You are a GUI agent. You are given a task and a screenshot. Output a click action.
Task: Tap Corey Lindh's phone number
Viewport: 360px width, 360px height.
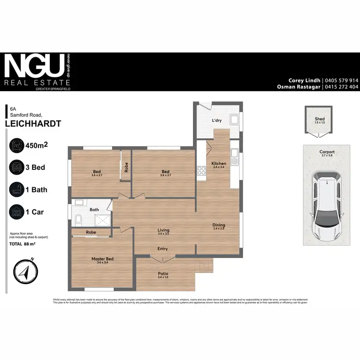coord(341,80)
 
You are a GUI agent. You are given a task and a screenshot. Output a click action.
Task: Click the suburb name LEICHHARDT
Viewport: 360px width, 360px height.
coord(33,123)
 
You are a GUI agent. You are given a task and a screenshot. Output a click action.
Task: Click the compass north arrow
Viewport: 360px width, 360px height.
coord(24,272)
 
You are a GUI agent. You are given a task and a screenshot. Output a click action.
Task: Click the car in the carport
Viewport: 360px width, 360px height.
coord(326,207)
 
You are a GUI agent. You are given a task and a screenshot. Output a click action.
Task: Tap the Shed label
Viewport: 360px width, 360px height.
coord(320,119)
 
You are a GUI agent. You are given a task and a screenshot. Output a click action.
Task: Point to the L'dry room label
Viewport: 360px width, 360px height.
coord(216,121)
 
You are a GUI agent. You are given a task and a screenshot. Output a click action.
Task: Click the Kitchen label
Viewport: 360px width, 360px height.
coord(218,164)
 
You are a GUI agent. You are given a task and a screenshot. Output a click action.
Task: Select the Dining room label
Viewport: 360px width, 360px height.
coord(219,225)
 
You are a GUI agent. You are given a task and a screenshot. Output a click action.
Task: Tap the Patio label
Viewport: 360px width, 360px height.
coord(163,274)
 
